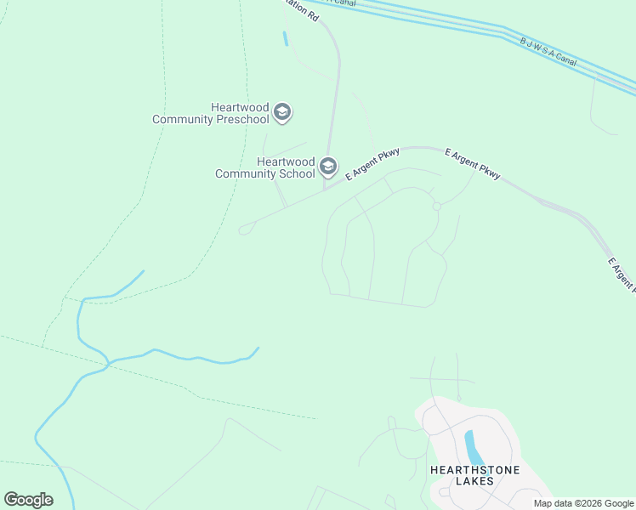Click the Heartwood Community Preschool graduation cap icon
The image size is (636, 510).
click(x=282, y=112)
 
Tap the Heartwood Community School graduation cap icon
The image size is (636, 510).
click(x=328, y=167)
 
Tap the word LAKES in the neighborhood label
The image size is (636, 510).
click(x=474, y=482)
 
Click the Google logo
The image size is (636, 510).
click(x=28, y=500)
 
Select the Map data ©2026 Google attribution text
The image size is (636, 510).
click(x=584, y=503)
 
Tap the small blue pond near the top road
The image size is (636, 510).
click(x=285, y=38)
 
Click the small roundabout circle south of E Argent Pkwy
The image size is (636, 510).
click(x=436, y=207)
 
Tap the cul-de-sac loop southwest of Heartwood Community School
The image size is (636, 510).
click(x=245, y=229)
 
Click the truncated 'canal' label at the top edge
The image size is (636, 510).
click(x=344, y=3)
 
